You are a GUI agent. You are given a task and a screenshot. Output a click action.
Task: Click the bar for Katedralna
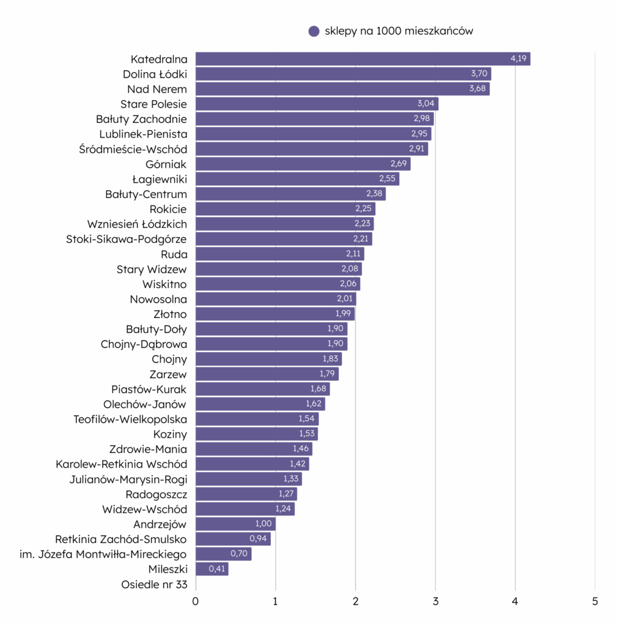(362, 59)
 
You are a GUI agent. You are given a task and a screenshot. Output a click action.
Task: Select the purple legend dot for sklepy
(314, 31)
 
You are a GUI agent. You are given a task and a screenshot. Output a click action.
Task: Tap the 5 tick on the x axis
(595, 601)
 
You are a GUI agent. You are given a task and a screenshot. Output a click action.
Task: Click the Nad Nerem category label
(157, 89)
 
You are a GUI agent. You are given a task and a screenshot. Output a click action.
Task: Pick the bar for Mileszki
(212, 569)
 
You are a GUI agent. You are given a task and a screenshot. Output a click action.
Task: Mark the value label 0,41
(218, 569)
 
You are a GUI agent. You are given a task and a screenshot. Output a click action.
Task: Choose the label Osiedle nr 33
(154, 584)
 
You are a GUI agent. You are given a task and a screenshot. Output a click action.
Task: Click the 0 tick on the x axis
(196, 601)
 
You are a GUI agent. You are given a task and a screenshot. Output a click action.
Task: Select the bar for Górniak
(303, 164)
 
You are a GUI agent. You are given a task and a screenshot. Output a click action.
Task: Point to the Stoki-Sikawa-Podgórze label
(127, 239)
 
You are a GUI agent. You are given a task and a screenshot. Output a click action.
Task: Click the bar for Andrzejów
(235, 524)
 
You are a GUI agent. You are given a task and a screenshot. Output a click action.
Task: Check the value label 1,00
(264, 524)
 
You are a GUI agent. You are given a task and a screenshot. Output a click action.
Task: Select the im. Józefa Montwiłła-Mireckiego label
(103, 554)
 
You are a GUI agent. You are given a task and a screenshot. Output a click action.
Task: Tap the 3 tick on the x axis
(435, 601)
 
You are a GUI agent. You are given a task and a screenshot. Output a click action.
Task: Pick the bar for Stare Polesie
(317, 104)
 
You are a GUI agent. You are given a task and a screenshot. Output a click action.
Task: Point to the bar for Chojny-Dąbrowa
(271, 344)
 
